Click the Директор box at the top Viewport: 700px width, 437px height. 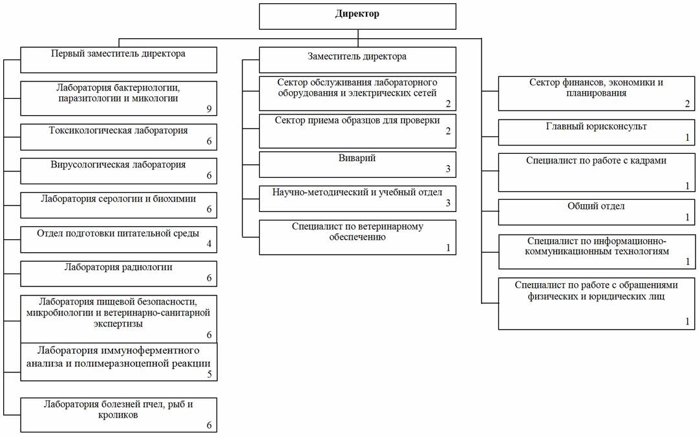(357, 17)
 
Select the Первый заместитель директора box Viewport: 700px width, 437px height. (119, 60)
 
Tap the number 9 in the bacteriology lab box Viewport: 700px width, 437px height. (209, 109)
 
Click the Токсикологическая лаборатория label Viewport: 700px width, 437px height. (118, 131)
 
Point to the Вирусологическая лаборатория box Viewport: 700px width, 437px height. (119, 171)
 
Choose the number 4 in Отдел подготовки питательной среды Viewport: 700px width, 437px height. (209, 244)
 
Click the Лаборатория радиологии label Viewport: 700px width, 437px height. (118, 267)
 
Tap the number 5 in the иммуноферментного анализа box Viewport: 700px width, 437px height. (209, 374)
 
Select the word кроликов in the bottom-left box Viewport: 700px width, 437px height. (118, 414)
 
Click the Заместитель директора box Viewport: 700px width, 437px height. (357, 60)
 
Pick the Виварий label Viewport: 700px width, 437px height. (357, 158)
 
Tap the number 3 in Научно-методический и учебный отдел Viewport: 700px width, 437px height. (448, 203)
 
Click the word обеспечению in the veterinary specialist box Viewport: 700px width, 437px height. (357, 237)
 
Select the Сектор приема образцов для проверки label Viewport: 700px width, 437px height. (357, 120)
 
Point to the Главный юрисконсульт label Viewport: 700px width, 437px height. (597, 126)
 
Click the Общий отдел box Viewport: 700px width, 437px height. (597, 212)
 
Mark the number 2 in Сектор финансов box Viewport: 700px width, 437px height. (688, 104)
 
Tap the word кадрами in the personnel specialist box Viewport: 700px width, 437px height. (647, 160)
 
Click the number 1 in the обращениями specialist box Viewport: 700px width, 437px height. (688, 321)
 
